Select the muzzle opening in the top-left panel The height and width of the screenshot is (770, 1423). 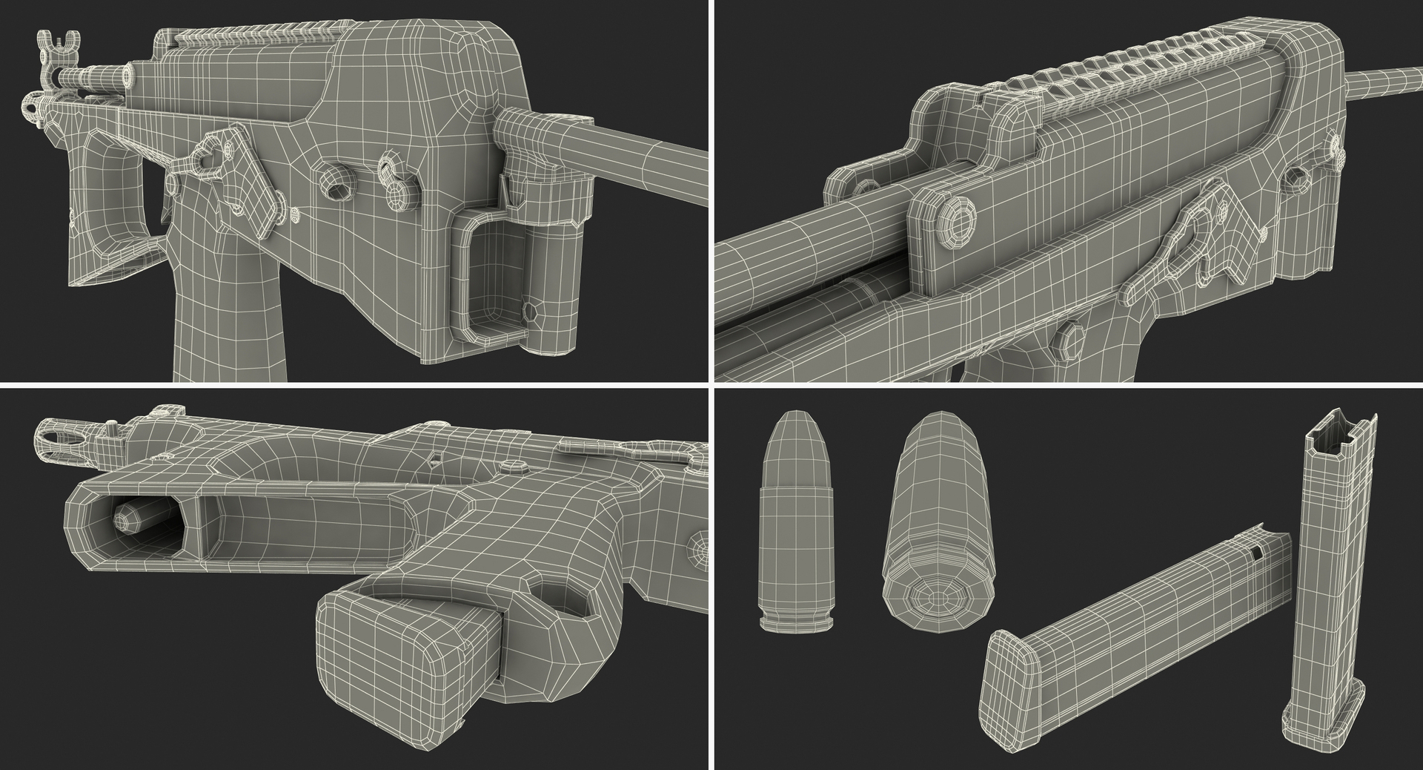pyautogui.click(x=130, y=74)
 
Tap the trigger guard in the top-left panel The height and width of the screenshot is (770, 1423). pyautogui.click(x=111, y=193)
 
